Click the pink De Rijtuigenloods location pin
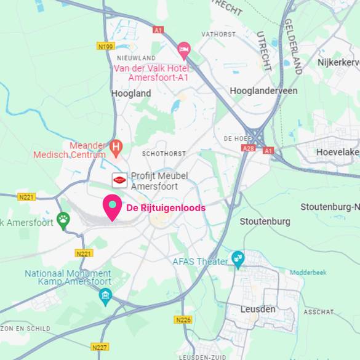point(112,207)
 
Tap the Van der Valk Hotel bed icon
point(183,49)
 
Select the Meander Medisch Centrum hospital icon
point(115,147)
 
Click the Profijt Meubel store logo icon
point(119,180)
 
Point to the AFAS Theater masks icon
point(237,258)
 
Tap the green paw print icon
point(63,219)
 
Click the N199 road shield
point(106,46)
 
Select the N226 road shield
point(183,319)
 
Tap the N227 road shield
point(100,347)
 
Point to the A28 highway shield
point(247,149)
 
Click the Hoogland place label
point(131,94)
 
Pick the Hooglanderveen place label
point(263,90)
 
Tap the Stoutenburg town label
point(265,222)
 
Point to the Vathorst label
point(219,34)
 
